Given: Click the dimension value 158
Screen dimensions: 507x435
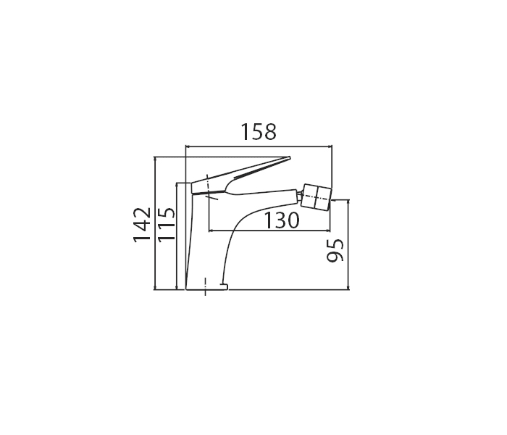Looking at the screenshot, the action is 259,132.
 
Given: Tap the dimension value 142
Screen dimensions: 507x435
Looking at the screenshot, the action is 142,224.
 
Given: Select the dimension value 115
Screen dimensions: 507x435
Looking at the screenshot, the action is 166,224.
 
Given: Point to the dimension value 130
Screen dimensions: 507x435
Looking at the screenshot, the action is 282,220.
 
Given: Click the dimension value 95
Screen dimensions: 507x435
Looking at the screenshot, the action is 335,250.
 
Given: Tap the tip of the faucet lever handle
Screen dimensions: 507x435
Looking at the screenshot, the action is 290,157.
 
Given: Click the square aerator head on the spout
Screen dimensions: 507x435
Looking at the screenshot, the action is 316,196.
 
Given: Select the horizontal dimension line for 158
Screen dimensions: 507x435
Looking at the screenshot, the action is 259,146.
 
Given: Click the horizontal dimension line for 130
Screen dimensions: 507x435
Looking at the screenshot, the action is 269,231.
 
